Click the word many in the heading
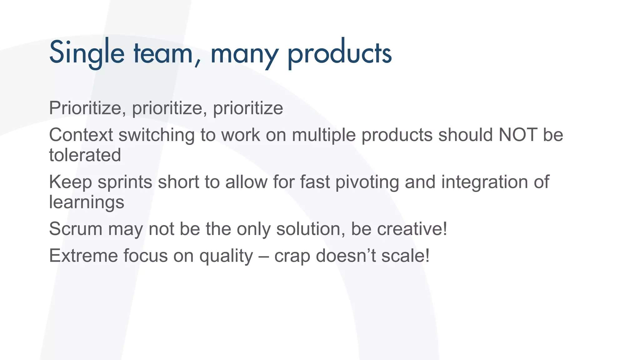pyautogui.click(x=244, y=55)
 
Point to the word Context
pyautogui.click(x=81, y=135)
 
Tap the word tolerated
pyautogui.click(x=85, y=155)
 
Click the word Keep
pyautogui.click(x=70, y=182)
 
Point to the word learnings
pyautogui.click(x=87, y=202)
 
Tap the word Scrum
pyautogui.click(x=76, y=229)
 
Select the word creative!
pyautogui.click(x=412, y=229)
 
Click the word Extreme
pyautogui.click(x=83, y=256)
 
